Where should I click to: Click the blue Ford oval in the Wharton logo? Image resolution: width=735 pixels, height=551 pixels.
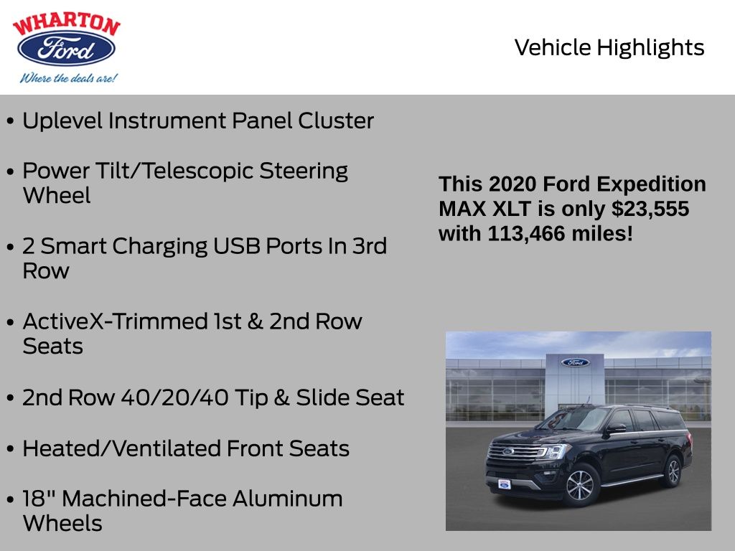pyautogui.click(x=66, y=48)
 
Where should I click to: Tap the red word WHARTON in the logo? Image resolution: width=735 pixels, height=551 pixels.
pyautogui.click(x=67, y=24)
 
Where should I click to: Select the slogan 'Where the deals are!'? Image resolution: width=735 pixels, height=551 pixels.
pyautogui.click(x=68, y=77)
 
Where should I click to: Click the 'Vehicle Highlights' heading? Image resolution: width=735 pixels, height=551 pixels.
pyautogui.click(x=609, y=47)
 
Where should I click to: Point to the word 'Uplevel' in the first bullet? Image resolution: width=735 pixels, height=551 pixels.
pyautogui.click(x=62, y=121)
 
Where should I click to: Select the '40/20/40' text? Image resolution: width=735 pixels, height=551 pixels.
pyautogui.click(x=175, y=397)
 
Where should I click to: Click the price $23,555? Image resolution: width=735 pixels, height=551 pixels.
pyautogui.click(x=650, y=209)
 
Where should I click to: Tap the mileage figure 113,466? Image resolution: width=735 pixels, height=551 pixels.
pyautogui.click(x=526, y=233)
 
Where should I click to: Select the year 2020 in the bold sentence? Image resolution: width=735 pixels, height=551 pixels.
pyautogui.click(x=512, y=184)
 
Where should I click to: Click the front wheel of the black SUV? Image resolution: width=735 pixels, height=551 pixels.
pyautogui.click(x=580, y=485)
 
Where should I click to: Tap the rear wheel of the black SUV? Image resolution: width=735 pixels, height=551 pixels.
pyautogui.click(x=673, y=471)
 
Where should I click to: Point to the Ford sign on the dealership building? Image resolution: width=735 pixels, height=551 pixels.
pyautogui.click(x=575, y=362)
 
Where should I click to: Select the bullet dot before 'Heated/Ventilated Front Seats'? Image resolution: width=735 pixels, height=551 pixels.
pyautogui.click(x=10, y=449)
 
